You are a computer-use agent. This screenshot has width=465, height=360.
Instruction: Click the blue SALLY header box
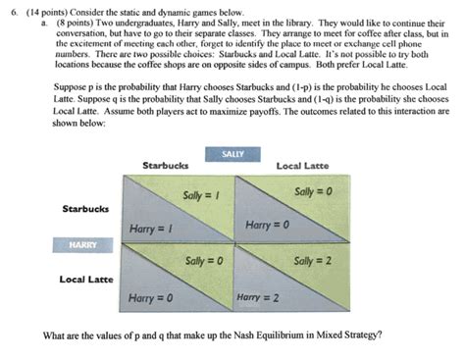(x=232, y=154)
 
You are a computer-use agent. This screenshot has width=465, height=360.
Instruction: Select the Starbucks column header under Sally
(x=167, y=165)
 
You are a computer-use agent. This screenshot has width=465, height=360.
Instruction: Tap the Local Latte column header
(x=304, y=165)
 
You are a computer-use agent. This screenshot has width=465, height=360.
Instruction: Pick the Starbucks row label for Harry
(x=86, y=209)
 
